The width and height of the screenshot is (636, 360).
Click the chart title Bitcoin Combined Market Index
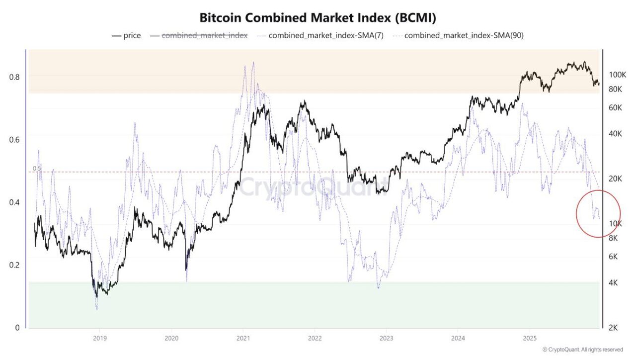tap(318, 18)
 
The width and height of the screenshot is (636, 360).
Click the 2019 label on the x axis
tap(100, 337)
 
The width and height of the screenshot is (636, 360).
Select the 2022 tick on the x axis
tap(315, 337)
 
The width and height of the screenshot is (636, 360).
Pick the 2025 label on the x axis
tap(529, 337)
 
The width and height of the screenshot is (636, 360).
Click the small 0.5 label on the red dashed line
tap(37, 169)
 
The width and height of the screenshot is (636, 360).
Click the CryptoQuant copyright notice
tap(582, 350)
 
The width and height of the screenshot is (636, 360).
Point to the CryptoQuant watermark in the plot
tap(313, 188)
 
